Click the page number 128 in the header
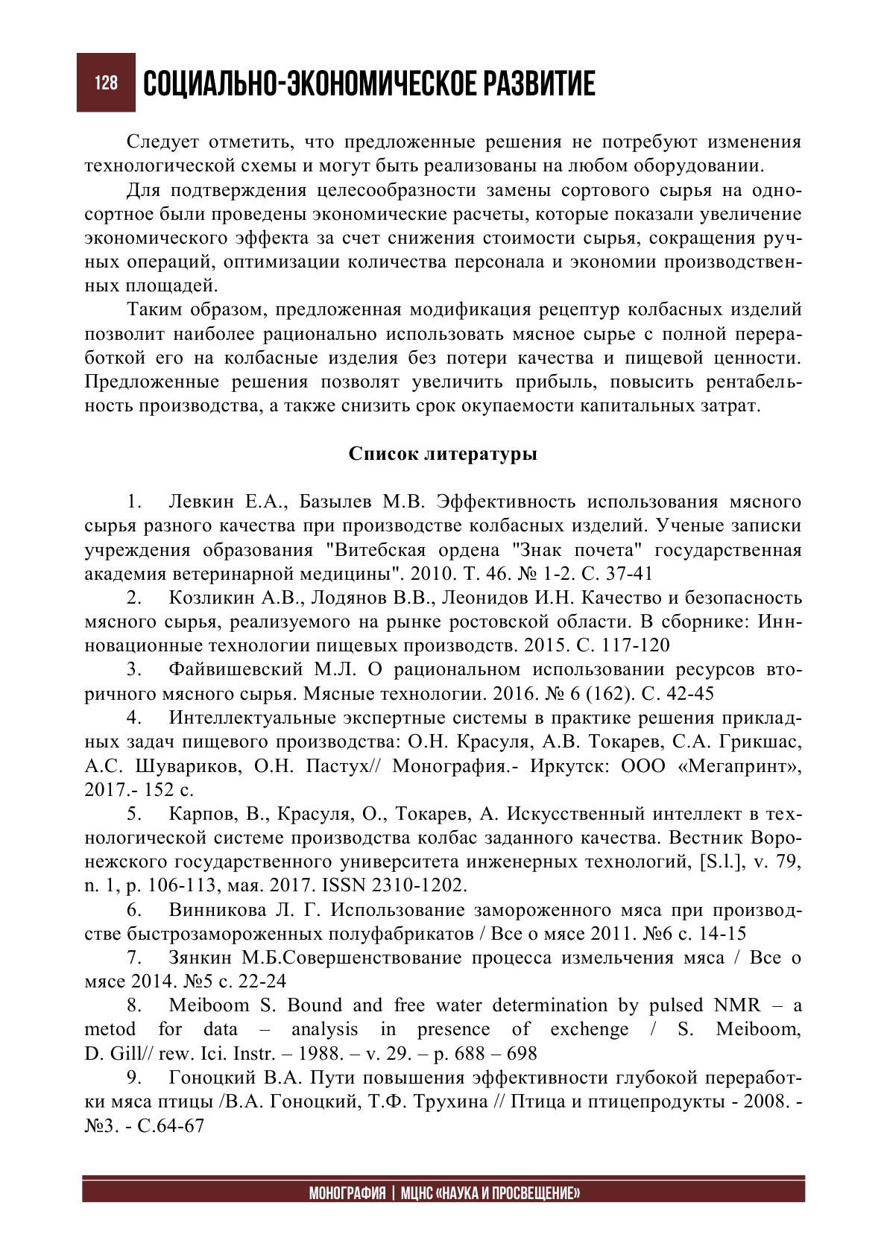pyautogui.click(x=106, y=83)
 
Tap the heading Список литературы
pyautogui.click(x=443, y=454)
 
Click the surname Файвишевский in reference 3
pyautogui.click(x=236, y=669)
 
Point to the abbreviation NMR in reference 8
pyautogui.click(x=736, y=1005)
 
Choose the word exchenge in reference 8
pyautogui.click(x=590, y=1029)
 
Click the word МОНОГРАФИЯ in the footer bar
pyautogui.click(x=347, y=1193)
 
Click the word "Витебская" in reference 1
pyautogui.click(x=376, y=550)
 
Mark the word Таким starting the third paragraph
pyautogui.click(x=154, y=309)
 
